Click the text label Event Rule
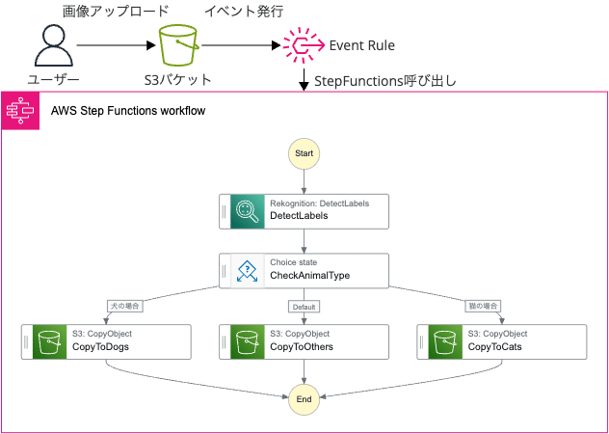pos(362,45)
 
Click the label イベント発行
pos(244,12)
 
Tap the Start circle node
pos(304,153)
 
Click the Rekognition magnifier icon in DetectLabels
pos(248,212)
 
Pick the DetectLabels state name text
pos(299,217)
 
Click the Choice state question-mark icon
pos(248,271)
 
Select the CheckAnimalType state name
pos(309,276)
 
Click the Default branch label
pos(304,306)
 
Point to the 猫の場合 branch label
pos(483,306)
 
